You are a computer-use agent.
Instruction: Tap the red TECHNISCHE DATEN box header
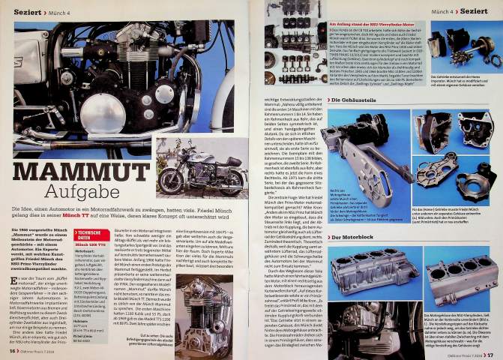pyautogui.click(x=91, y=253)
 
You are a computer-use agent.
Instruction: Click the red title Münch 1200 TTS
pyautogui.click(x=91, y=266)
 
